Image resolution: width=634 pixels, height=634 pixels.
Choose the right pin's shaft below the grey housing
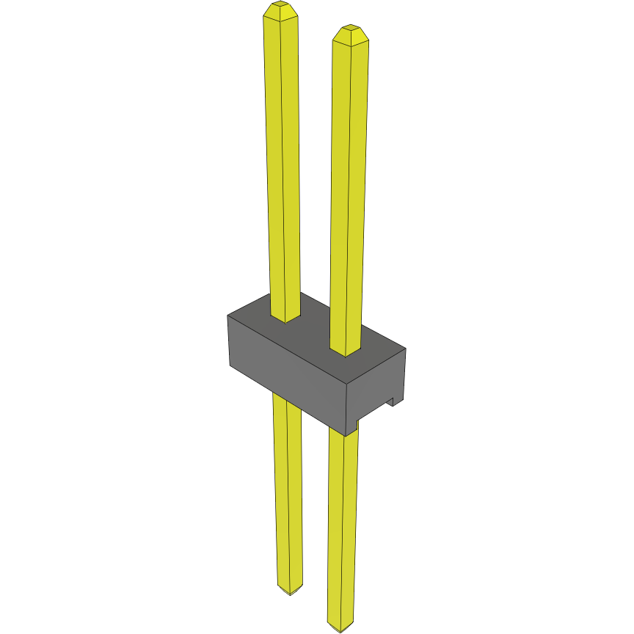pyautogui.click(x=343, y=528)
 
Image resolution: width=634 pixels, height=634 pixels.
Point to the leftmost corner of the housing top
pyautogui.click(x=227, y=316)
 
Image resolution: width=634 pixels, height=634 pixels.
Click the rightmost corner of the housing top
pyautogui.click(x=406, y=348)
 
